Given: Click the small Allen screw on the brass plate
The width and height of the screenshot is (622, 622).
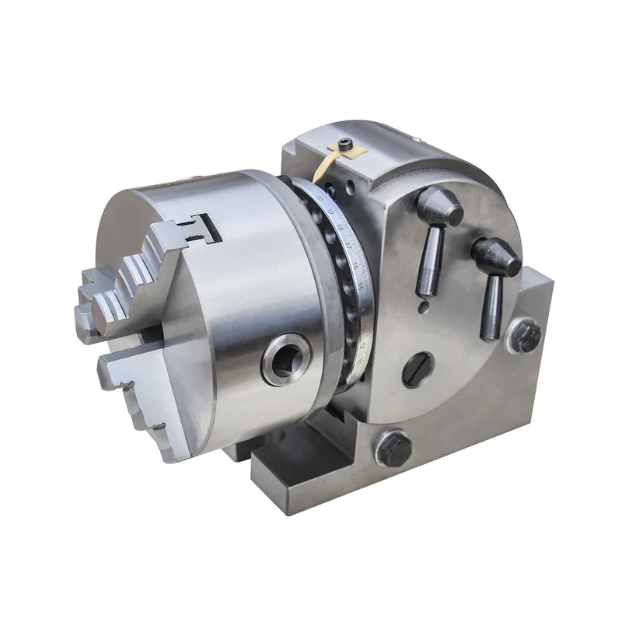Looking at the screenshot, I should point(344,144).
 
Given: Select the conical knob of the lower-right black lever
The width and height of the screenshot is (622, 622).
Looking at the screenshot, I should point(495,256).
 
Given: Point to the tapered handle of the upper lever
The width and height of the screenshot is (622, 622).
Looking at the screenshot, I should point(429,260).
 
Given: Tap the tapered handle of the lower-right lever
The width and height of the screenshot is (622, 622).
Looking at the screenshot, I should point(491,307).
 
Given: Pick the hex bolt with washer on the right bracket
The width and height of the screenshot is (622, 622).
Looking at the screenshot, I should point(526,336).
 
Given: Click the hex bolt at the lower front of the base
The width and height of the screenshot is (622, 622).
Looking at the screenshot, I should point(393,449).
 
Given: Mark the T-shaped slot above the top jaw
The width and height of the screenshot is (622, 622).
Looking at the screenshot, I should point(204,229).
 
